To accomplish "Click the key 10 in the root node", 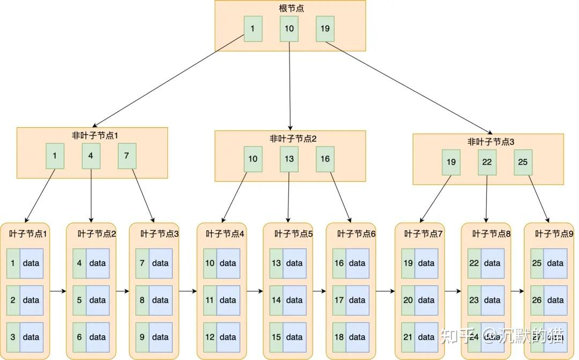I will [x=289, y=29].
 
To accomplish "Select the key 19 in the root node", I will [x=325, y=29].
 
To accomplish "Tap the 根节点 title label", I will [x=291, y=9].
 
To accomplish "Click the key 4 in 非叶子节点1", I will [x=91, y=156].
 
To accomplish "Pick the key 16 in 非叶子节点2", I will [x=325, y=159].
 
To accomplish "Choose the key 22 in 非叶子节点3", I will [x=487, y=162].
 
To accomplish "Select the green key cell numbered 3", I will [x=13, y=337].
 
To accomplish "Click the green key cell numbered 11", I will [x=210, y=300].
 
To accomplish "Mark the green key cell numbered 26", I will [x=537, y=300].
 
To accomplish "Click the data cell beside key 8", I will [x=160, y=300].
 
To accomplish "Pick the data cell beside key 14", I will [x=294, y=300].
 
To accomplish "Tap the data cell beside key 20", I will [x=426, y=300].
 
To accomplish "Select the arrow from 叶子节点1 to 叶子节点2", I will [x=58, y=291].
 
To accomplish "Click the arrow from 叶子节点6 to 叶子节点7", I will [x=385, y=291].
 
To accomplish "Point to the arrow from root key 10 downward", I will [x=290, y=86].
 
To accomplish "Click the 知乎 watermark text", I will [x=452, y=336].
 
